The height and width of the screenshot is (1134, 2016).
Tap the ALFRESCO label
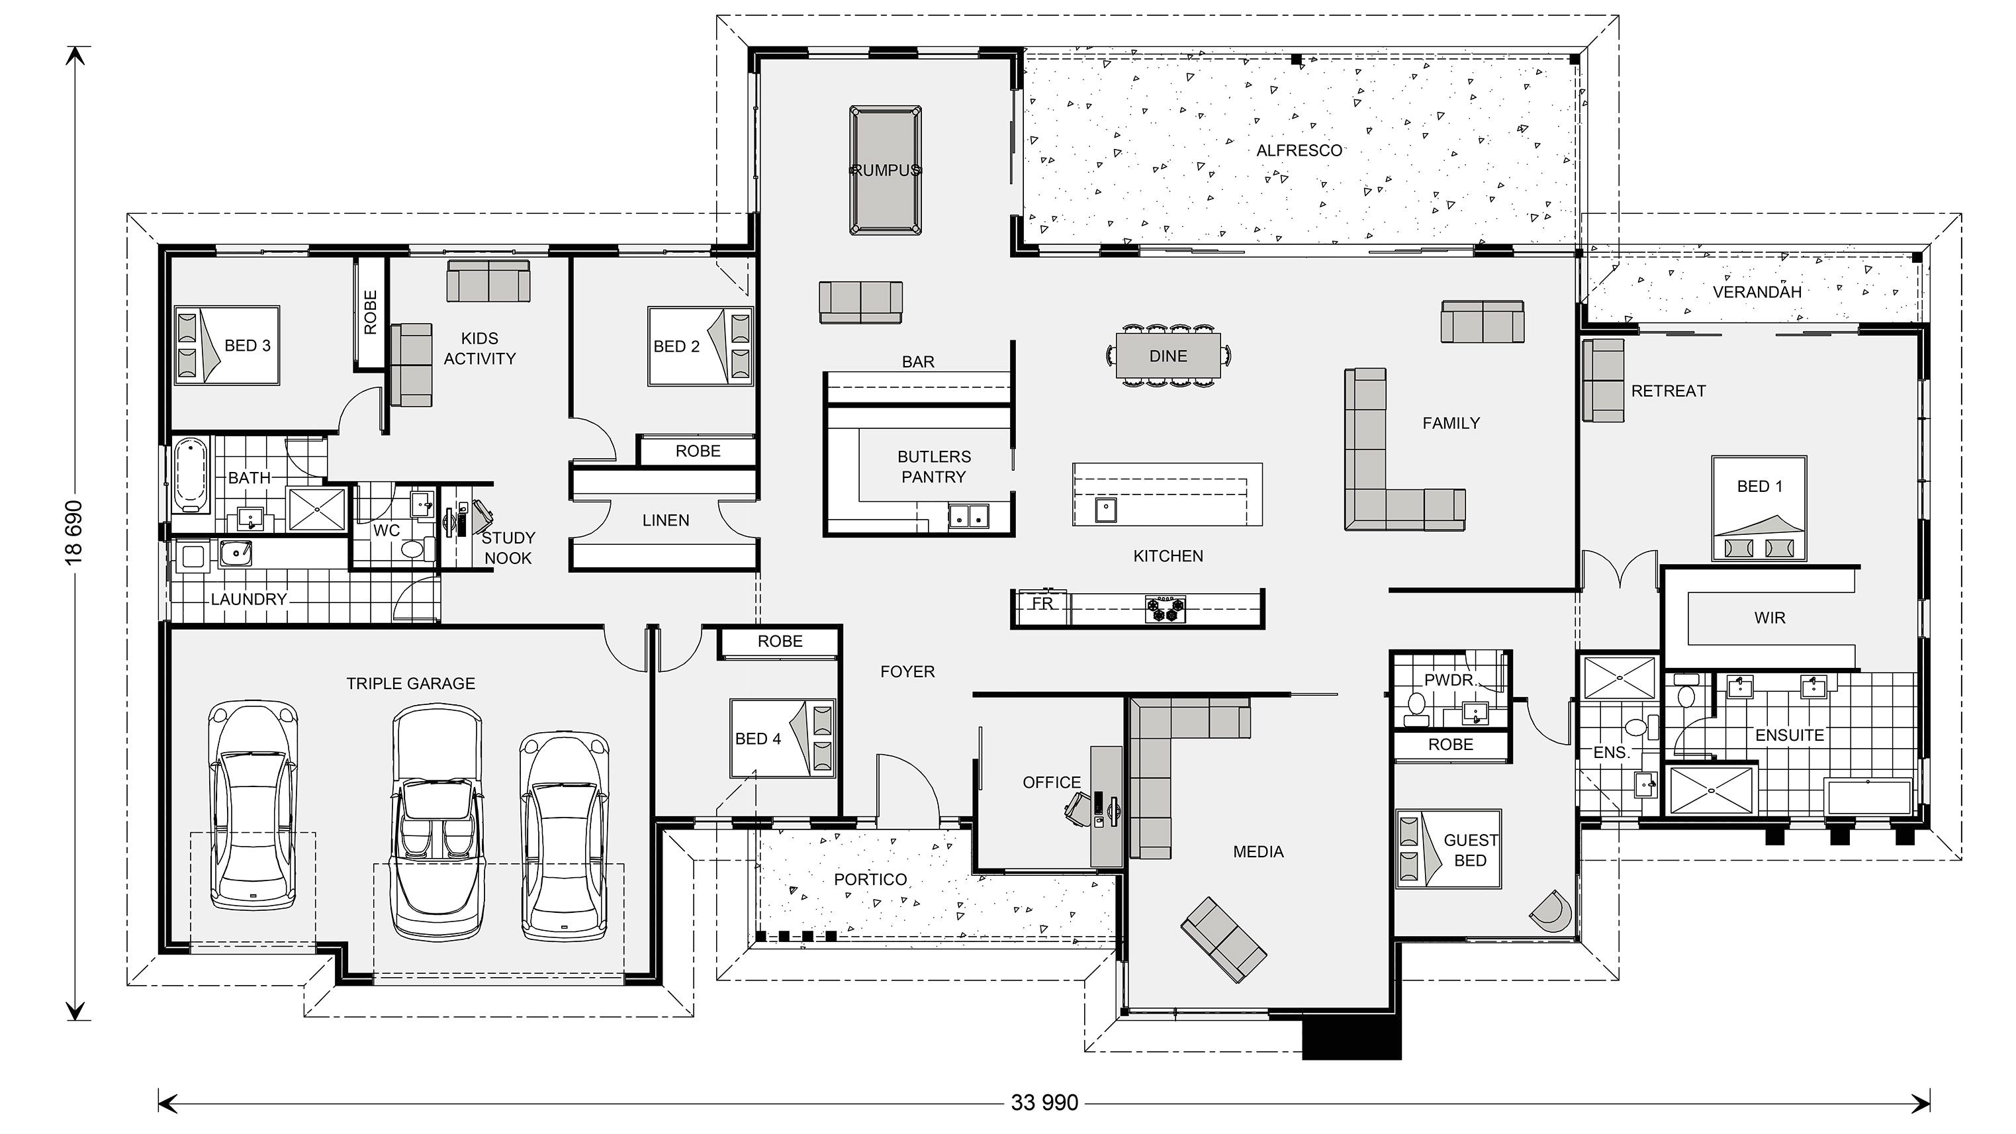1299,150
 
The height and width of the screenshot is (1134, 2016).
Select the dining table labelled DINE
1168,356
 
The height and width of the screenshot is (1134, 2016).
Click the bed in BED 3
227,345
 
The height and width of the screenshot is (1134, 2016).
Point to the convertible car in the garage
437,822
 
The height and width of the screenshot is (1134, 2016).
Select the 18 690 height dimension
73,532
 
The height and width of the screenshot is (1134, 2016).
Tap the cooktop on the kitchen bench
1166,608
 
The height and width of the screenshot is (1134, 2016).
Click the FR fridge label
1042,603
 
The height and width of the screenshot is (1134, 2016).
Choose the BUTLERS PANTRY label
934,467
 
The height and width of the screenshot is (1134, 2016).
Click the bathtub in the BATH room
190,475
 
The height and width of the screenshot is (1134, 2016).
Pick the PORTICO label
870,880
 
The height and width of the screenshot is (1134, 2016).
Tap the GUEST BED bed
1448,849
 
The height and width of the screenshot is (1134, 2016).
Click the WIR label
1770,618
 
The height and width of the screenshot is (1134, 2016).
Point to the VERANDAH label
1757,292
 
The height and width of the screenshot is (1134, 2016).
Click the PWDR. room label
1449,680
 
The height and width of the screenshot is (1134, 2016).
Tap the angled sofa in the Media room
1223,940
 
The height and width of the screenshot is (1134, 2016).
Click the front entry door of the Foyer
908,790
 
